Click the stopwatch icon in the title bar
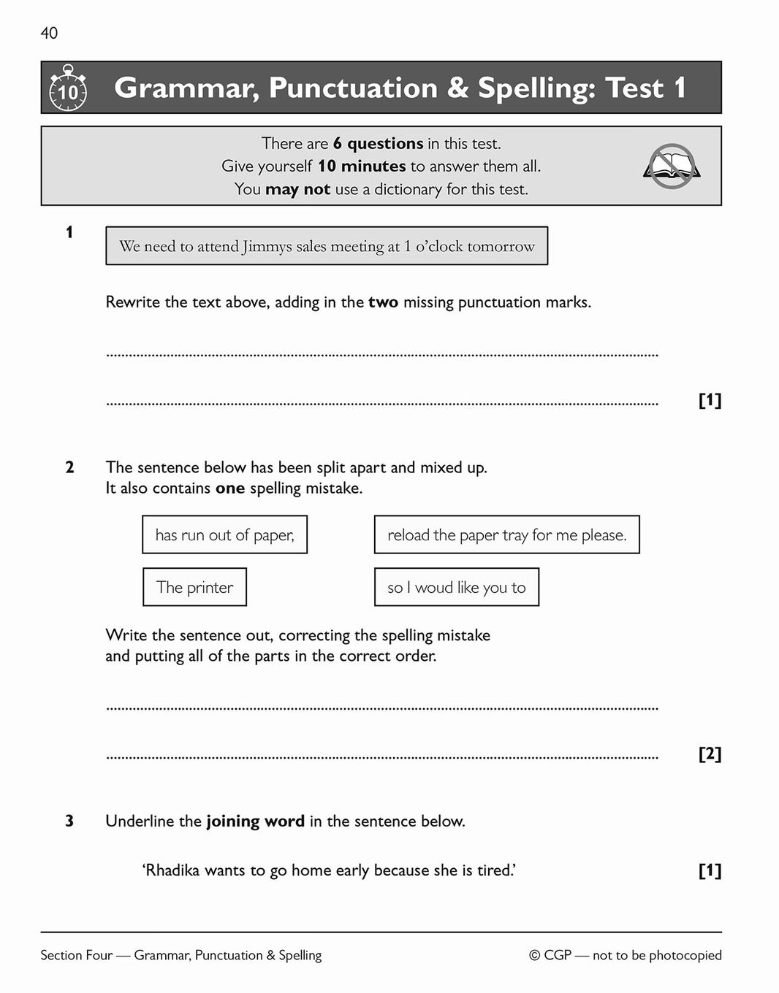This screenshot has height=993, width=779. [x=68, y=88]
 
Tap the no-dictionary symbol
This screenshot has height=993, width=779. [x=672, y=166]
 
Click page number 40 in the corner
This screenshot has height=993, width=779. [x=49, y=33]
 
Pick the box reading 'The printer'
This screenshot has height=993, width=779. [x=194, y=587]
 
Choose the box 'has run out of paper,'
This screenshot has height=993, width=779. [x=224, y=535]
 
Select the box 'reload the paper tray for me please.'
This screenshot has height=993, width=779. [x=506, y=535]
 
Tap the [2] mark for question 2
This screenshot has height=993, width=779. [x=710, y=754]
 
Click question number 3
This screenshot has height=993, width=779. [x=69, y=821]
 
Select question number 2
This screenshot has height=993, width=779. [x=69, y=467]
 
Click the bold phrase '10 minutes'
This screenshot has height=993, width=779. [x=361, y=166]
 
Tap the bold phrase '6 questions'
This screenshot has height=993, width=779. [x=378, y=144]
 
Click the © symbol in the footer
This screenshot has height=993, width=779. [x=534, y=956]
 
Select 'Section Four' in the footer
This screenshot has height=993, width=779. [x=77, y=956]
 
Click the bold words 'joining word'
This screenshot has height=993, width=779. [x=255, y=821]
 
